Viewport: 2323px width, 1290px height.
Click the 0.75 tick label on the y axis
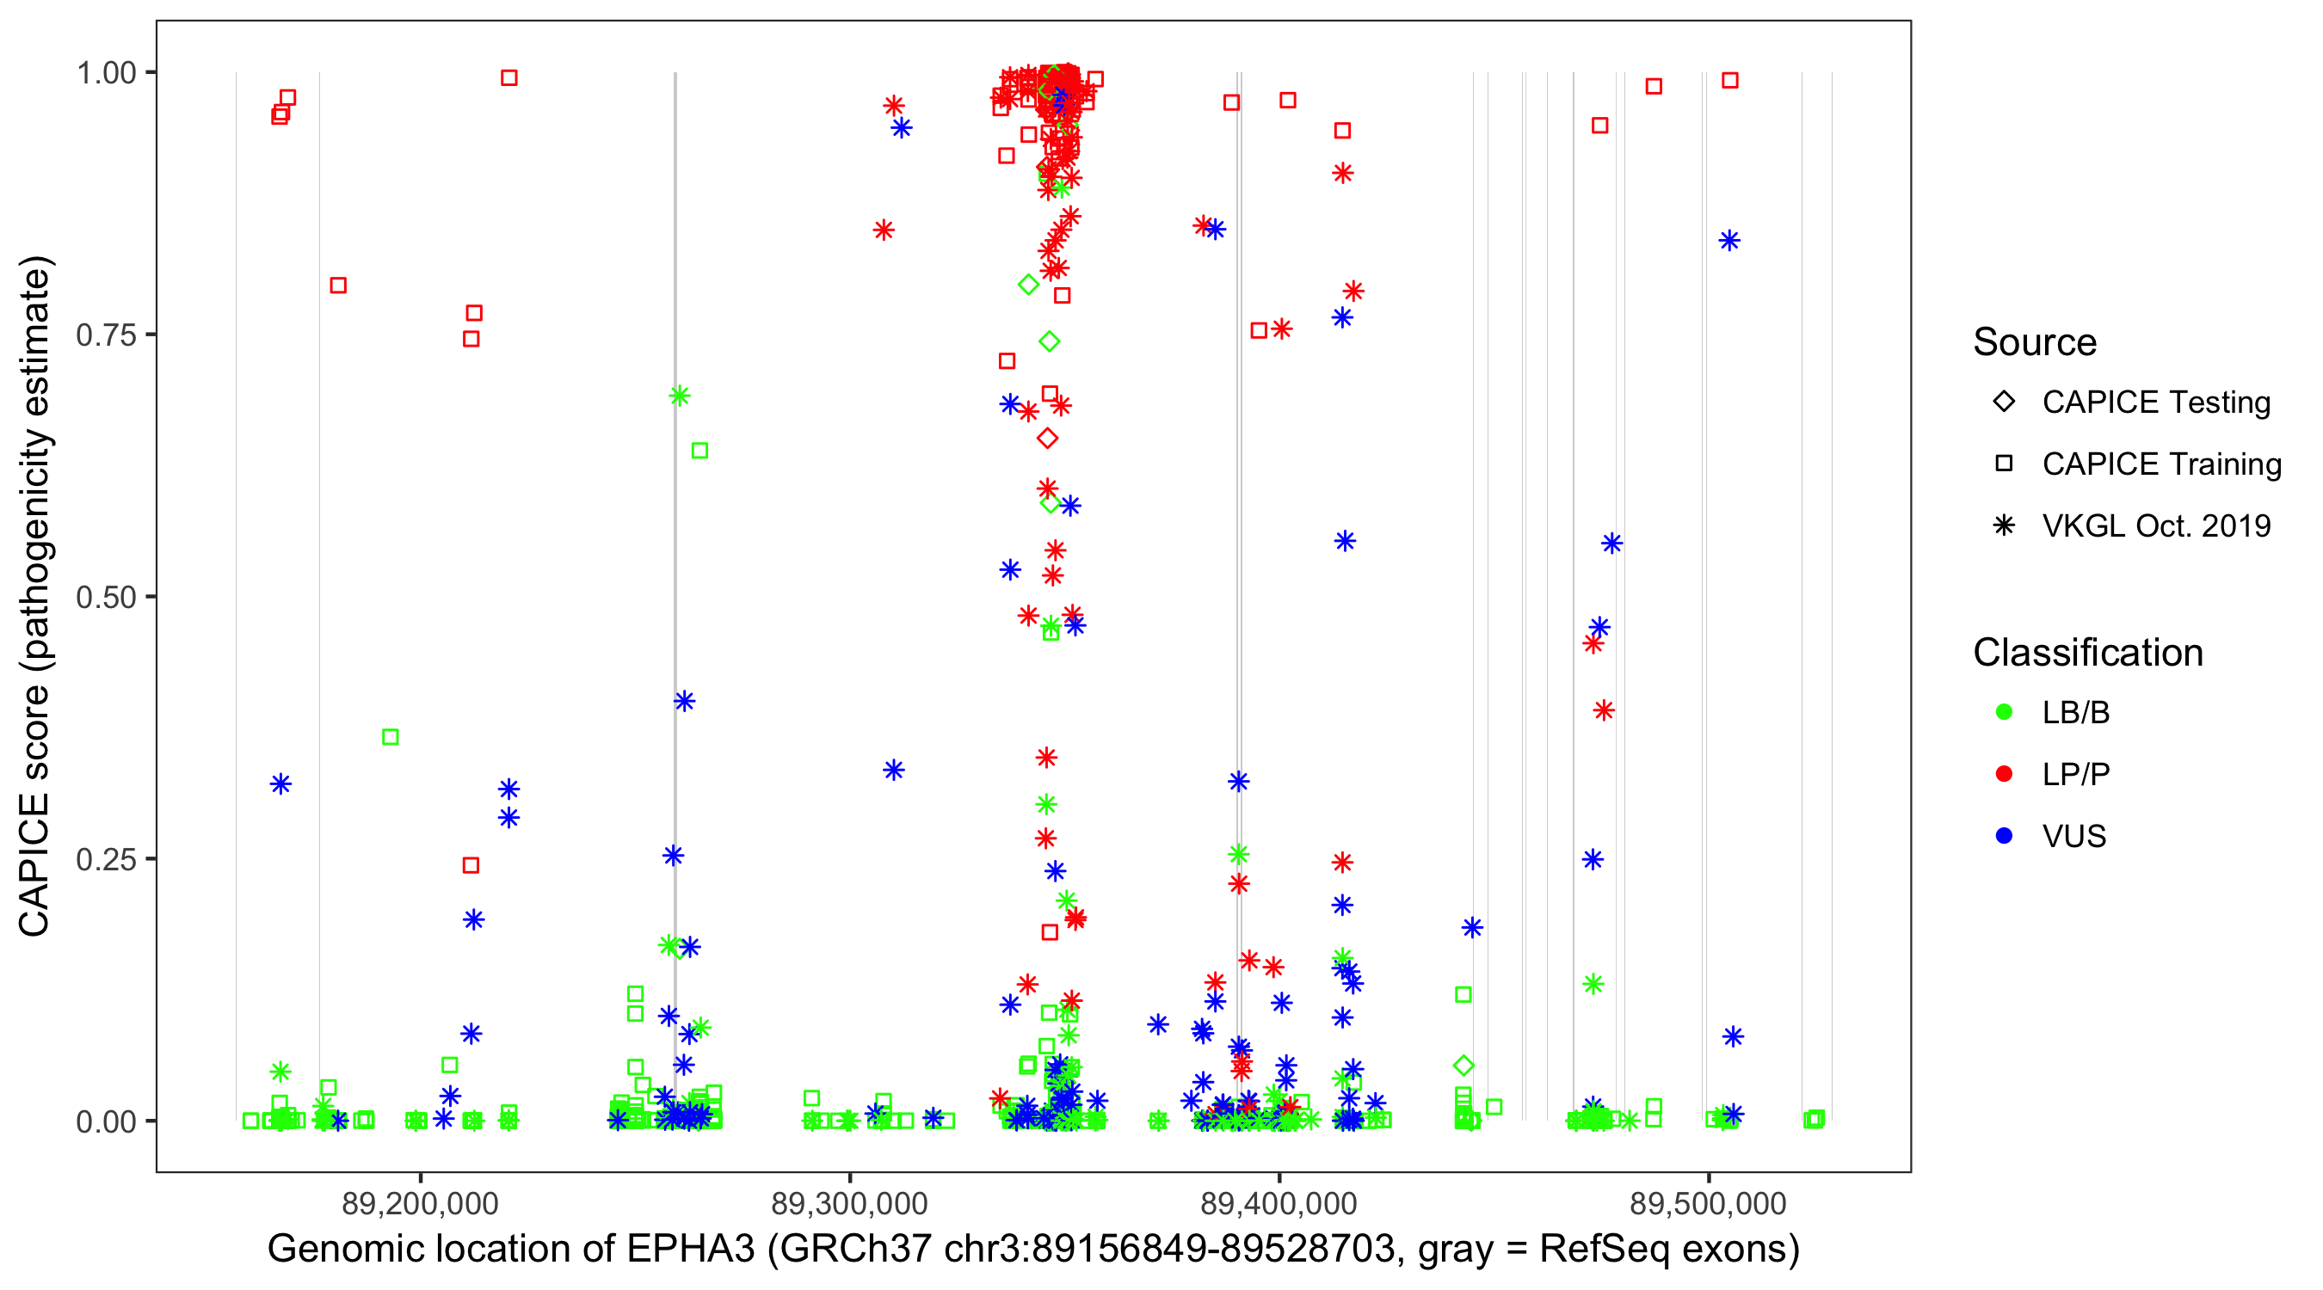(x=105, y=335)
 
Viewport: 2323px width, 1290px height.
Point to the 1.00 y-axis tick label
(x=105, y=73)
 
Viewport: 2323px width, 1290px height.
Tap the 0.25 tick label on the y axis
(x=105, y=859)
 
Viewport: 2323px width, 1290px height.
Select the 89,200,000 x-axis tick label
(x=420, y=1203)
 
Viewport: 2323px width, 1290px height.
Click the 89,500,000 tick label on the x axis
(x=1708, y=1203)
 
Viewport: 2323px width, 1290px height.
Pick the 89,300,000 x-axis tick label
(x=849, y=1203)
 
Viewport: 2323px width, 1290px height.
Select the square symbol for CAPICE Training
(x=2004, y=464)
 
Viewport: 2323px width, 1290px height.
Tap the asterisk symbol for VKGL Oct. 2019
(x=2004, y=525)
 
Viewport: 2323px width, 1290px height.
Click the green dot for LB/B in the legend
(x=2004, y=712)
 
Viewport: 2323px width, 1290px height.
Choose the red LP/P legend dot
(x=2004, y=774)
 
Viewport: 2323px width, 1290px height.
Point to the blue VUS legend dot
(x=2004, y=837)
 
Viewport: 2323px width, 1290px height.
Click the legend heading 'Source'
(x=2035, y=342)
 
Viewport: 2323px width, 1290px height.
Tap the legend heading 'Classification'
(x=2087, y=653)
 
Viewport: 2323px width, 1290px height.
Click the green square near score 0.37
(x=391, y=737)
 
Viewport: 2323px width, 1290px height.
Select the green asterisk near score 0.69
(x=680, y=396)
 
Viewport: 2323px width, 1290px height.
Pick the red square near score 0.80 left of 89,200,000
(x=338, y=286)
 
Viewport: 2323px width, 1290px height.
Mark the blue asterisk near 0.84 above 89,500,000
(x=1728, y=241)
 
